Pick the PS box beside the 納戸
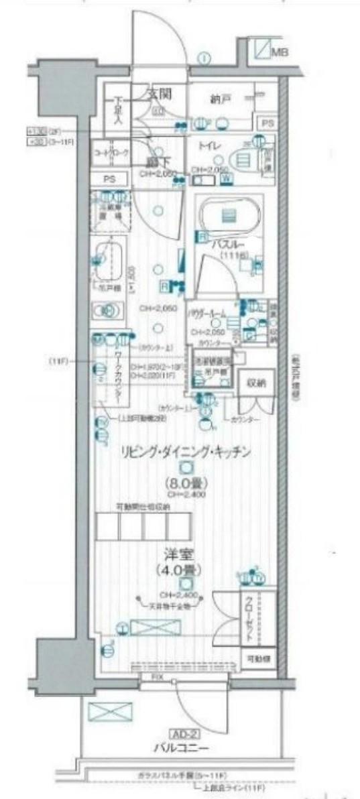pyautogui.click(x=267, y=123)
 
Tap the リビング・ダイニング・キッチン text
pyautogui.click(x=186, y=452)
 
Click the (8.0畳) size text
pyautogui.click(x=186, y=483)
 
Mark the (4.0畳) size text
pyautogui.click(x=177, y=572)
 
